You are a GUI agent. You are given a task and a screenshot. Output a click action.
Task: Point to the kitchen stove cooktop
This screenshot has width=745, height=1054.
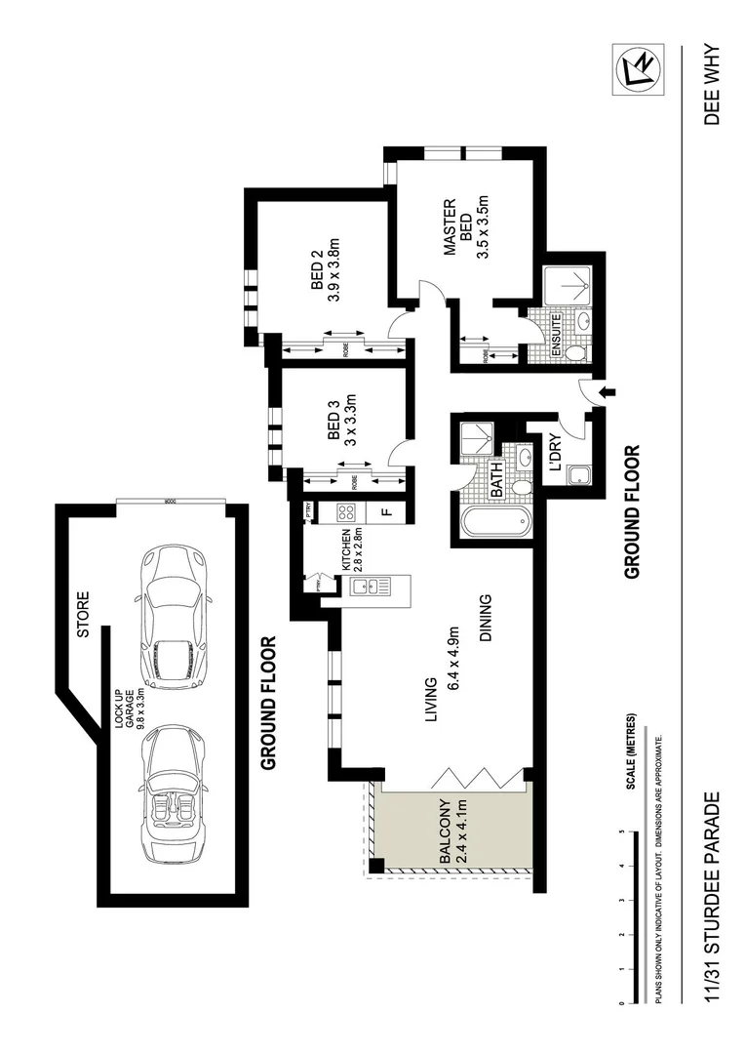click(344, 510)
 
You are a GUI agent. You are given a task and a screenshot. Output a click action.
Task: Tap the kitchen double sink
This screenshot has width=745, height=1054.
click(370, 588)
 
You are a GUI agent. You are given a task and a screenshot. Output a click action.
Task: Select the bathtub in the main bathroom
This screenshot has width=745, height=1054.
click(493, 523)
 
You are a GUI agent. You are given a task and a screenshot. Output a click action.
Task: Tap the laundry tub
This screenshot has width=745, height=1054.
click(580, 477)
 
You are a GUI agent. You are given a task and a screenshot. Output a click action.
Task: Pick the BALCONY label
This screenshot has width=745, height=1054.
click(445, 832)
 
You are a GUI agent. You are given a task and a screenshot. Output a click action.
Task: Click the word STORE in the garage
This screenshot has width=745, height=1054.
click(82, 614)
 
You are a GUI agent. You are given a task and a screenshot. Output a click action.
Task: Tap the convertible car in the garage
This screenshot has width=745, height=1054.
click(174, 793)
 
